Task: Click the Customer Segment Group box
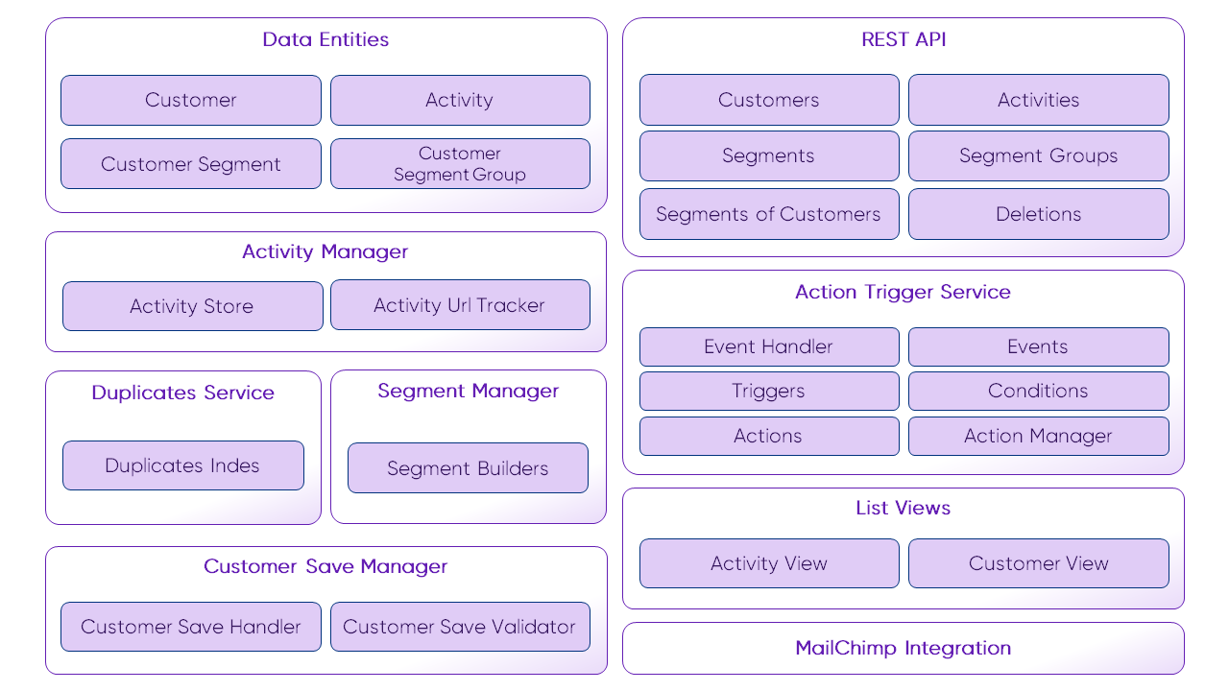(460, 164)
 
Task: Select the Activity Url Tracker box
(460, 305)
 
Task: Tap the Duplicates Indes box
(182, 465)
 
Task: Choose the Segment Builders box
(468, 468)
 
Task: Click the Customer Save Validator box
(460, 627)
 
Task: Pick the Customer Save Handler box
(191, 627)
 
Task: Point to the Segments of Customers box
(769, 214)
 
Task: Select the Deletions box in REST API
(1038, 214)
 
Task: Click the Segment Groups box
(1038, 155)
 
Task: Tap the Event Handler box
(769, 346)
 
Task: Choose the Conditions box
(1038, 391)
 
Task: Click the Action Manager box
(1038, 436)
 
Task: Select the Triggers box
(769, 391)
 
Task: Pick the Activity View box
(769, 563)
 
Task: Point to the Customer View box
(1038, 563)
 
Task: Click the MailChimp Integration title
(903, 648)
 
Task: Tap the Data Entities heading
(325, 39)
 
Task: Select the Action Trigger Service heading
(903, 292)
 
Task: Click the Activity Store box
(192, 306)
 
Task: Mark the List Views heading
(903, 508)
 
